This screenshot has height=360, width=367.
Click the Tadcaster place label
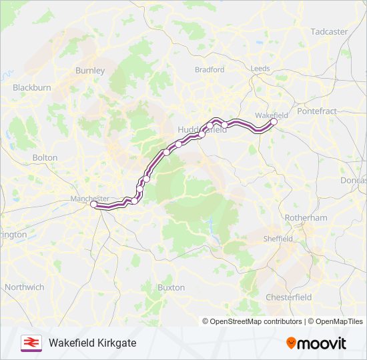(x=329, y=31)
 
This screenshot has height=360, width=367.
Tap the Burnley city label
(x=90, y=70)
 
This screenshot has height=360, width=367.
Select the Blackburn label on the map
(x=31, y=87)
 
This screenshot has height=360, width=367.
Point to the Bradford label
(x=210, y=69)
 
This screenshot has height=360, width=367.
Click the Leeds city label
(x=260, y=69)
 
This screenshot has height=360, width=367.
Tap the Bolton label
(x=45, y=157)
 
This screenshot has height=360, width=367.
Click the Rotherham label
(x=306, y=218)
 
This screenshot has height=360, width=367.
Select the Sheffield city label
(x=278, y=239)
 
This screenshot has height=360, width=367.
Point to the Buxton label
(x=171, y=287)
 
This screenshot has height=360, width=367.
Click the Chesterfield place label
(x=288, y=297)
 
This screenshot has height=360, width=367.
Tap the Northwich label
(x=24, y=287)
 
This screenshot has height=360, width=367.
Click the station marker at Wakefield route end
(x=274, y=121)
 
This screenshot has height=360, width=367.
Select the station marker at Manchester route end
(x=94, y=205)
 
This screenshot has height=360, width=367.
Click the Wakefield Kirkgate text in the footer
(x=92, y=343)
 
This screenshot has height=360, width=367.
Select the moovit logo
(x=316, y=343)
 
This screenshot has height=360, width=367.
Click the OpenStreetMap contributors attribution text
(x=252, y=321)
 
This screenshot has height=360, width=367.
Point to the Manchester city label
(x=89, y=199)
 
